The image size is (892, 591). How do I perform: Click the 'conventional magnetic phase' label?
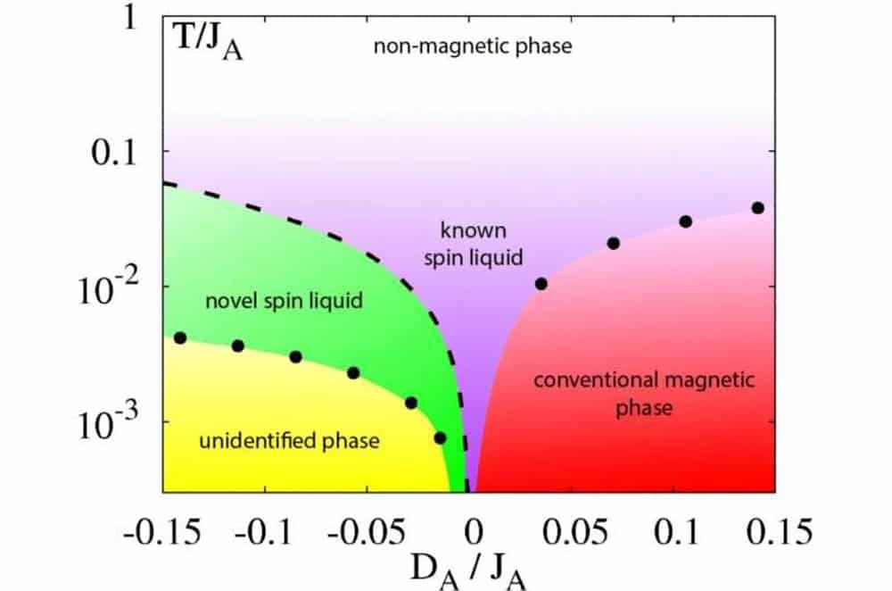644,395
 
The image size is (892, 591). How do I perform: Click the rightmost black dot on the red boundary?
758,208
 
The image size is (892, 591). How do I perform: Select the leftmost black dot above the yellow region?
180,337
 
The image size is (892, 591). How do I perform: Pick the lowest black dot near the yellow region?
440,437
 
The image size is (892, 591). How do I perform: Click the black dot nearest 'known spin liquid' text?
541,284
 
